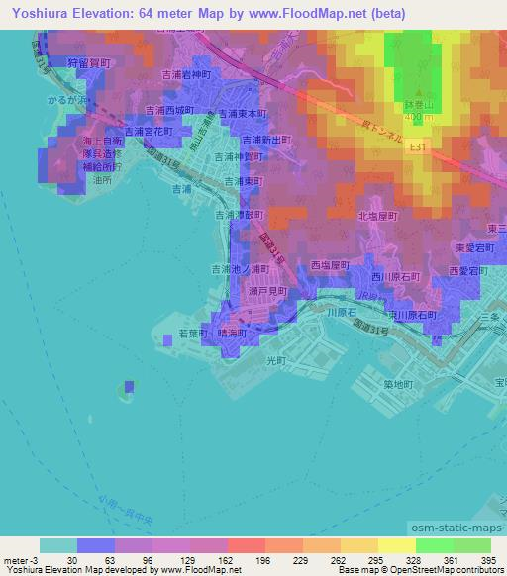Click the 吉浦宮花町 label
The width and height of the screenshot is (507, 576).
pyautogui.click(x=149, y=131)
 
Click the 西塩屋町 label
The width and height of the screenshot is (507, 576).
pyautogui.click(x=333, y=265)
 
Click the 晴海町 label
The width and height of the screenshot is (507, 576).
pyautogui.click(x=233, y=334)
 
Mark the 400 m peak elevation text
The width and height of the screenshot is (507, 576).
pyautogui.click(x=420, y=117)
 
